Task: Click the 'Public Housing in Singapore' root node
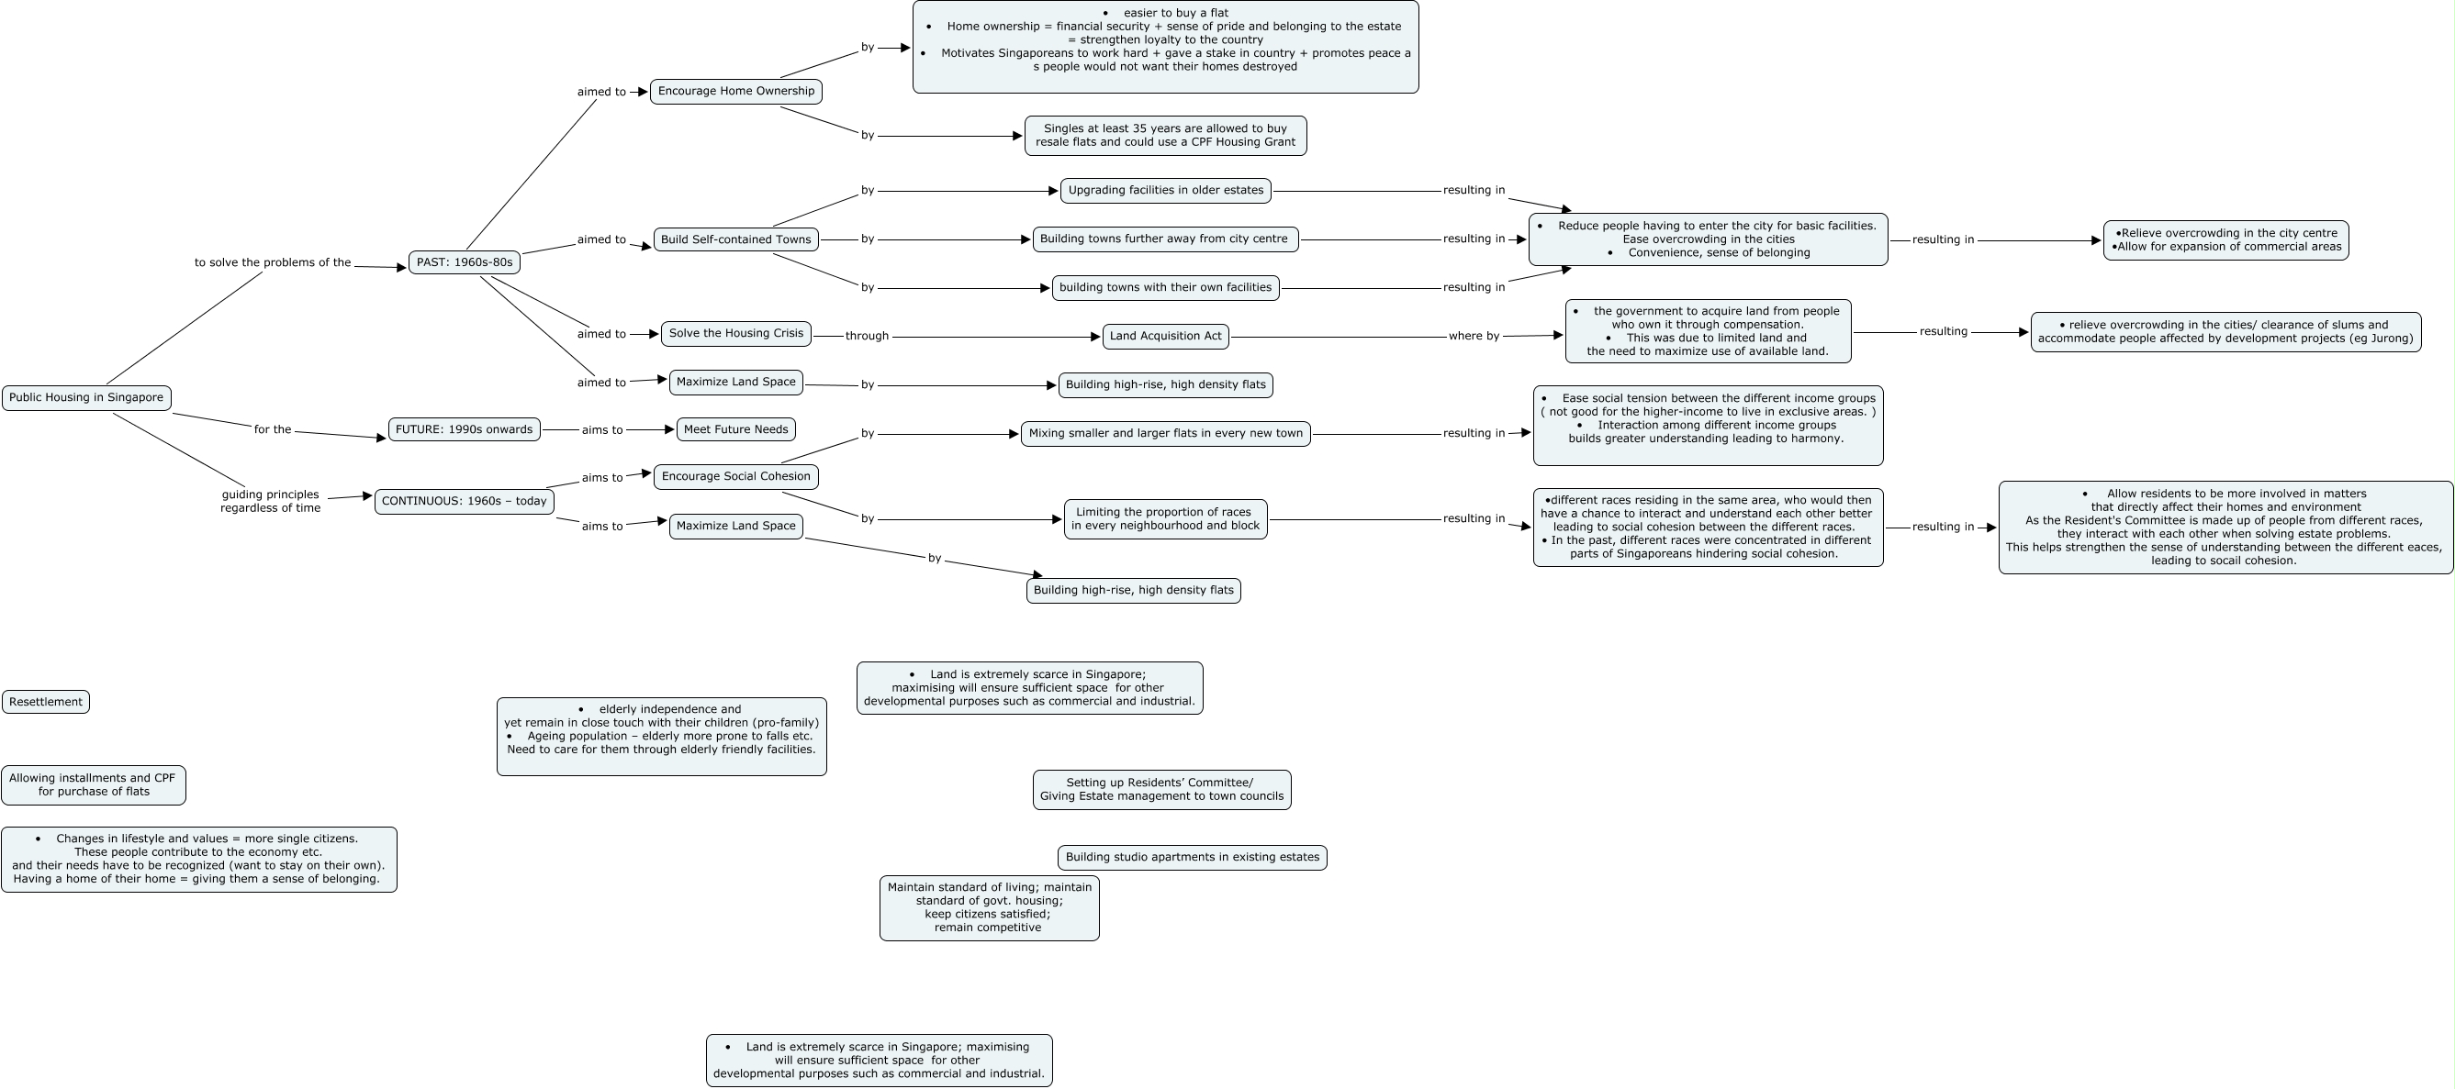pyautogui.click(x=86, y=397)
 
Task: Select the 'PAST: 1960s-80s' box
pyautogui.click(x=465, y=262)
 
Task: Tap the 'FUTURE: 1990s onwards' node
pyautogui.click(x=465, y=429)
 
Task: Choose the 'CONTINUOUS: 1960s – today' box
pyautogui.click(x=465, y=501)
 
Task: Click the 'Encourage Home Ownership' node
pyautogui.click(x=735, y=92)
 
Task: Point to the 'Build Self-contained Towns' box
pyautogui.click(x=735, y=239)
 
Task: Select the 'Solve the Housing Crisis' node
pyautogui.click(x=735, y=333)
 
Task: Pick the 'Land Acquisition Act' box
pyautogui.click(x=1166, y=337)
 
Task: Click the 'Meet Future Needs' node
pyautogui.click(x=735, y=429)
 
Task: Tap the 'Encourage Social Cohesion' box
pyautogui.click(x=735, y=476)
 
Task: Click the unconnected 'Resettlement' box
pyautogui.click(x=46, y=702)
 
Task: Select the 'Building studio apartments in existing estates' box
pyautogui.click(x=1193, y=858)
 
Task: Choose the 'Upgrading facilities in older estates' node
pyautogui.click(x=1166, y=191)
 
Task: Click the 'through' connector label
pyautogui.click(x=868, y=337)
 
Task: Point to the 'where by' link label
pyautogui.click(x=1474, y=337)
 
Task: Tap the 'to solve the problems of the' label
pyautogui.click(x=273, y=263)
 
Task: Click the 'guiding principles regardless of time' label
pyautogui.click(x=271, y=501)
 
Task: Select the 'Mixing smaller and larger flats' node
pyautogui.click(x=1166, y=434)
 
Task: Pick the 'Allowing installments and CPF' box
pyautogui.click(x=94, y=785)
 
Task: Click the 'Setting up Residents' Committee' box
pyautogui.click(x=1161, y=790)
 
